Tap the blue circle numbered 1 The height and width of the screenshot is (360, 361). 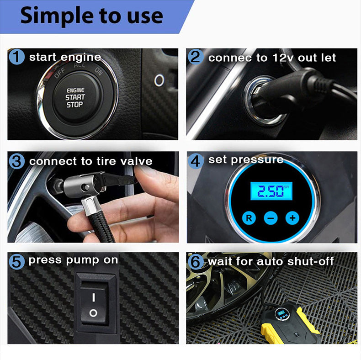[x=17, y=58]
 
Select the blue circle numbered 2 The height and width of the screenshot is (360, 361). [x=196, y=58]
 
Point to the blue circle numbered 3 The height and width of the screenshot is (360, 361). [x=17, y=161]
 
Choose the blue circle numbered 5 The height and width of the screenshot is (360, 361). [x=17, y=261]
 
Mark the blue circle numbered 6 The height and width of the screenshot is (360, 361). [x=196, y=261]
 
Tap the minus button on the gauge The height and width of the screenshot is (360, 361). [x=271, y=218]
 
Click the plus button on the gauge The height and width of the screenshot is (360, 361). [x=292, y=218]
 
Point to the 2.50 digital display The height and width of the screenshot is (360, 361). [x=271, y=191]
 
